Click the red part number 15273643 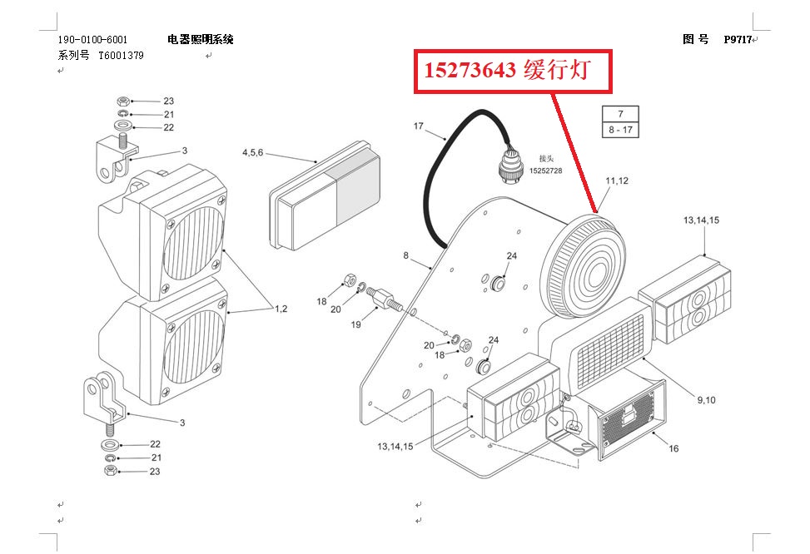click(470, 69)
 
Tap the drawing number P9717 click(738, 39)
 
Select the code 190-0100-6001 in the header click(92, 39)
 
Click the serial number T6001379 click(121, 55)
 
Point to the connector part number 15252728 click(545, 171)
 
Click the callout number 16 click(673, 448)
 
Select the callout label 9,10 click(706, 399)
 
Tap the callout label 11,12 click(617, 181)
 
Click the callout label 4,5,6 click(252, 152)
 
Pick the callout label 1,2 click(281, 309)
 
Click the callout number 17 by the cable click(419, 126)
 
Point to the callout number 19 click(355, 324)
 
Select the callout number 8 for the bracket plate click(406, 255)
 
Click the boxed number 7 click(620, 114)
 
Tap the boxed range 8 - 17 click(620, 130)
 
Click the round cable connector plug click(509, 167)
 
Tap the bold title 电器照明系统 click(201, 39)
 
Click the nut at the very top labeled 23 click(123, 101)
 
